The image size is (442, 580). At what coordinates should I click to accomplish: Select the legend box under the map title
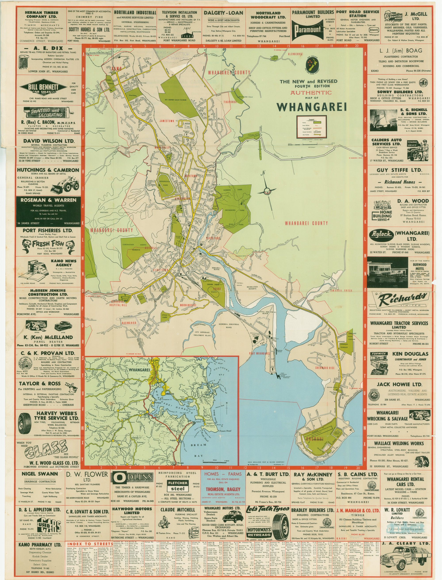coord(312,127)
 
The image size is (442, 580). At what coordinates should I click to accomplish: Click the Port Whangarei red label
coord(260,353)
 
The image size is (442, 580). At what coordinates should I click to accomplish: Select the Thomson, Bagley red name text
coord(223,489)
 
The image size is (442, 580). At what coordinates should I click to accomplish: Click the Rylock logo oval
coord(381,234)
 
